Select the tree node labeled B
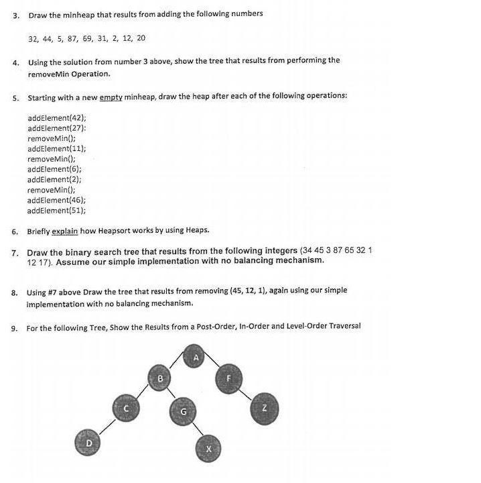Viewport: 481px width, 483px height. [x=160, y=379]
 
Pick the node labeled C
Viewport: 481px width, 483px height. [x=125, y=407]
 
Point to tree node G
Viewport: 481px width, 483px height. [x=182, y=411]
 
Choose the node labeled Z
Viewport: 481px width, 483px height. [x=264, y=407]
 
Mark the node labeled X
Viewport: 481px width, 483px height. [x=208, y=447]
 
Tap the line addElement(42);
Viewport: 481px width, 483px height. [x=57, y=117]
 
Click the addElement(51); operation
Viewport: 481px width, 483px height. [x=57, y=211]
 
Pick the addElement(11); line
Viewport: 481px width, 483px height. [x=57, y=148]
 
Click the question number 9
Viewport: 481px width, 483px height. [x=14, y=328]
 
